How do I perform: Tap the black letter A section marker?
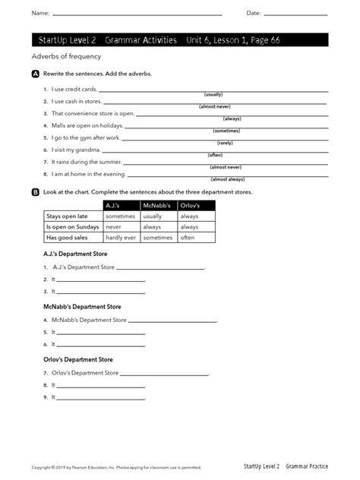36,74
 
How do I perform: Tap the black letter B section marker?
36,192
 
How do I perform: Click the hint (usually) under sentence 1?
213,94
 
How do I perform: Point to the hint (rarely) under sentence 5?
225,143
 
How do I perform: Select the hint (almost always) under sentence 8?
228,179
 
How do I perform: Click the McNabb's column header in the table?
158,206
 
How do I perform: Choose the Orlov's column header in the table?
190,206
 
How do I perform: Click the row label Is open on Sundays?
72,227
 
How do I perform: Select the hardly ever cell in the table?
120,238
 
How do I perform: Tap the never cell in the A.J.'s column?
113,227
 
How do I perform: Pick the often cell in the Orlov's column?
188,238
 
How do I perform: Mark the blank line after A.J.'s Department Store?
161,268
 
